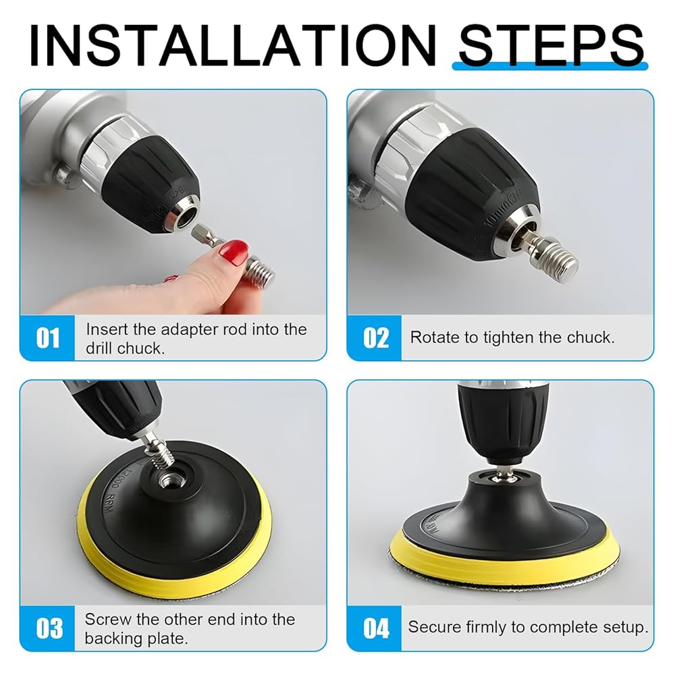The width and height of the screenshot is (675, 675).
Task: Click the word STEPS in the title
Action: (x=551, y=45)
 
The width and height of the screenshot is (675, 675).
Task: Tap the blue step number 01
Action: (x=48, y=338)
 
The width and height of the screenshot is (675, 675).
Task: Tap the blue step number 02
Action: (x=376, y=338)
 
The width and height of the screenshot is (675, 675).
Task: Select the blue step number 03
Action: (x=49, y=628)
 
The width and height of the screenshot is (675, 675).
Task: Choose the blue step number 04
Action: (x=376, y=628)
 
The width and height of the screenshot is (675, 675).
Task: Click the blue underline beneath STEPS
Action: (x=549, y=66)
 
